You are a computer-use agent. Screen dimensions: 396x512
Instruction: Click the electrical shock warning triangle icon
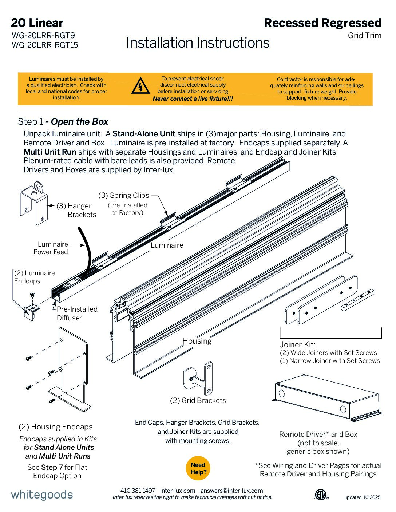click(x=140, y=85)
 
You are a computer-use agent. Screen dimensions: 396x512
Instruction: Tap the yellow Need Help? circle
click(x=198, y=468)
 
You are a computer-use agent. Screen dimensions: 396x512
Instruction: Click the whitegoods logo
click(x=42, y=495)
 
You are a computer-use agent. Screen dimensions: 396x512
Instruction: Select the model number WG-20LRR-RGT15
click(x=45, y=45)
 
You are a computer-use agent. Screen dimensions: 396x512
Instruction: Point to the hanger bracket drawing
click(x=34, y=203)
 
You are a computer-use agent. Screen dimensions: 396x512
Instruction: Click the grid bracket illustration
click(x=198, y=378)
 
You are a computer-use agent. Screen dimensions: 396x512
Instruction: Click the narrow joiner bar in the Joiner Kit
click(x=357, y=300)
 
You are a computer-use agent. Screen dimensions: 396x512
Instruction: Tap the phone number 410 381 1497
click(x=138, y=491)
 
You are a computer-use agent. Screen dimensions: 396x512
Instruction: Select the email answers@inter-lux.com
click(x=231, y=491)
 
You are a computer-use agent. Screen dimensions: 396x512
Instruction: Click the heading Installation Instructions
click(x=198, y=43)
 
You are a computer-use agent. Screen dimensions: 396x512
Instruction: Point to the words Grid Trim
click(x=364, y=36)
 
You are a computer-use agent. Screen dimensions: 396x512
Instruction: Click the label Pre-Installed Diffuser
click(x=77, y=313)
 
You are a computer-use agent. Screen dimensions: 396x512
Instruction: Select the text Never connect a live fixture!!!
click(x=193, y=99)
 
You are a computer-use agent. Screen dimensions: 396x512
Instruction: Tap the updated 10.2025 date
click(x=362, y=497)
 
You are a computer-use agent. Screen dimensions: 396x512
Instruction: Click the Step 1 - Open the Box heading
click(x=63, y=121)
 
